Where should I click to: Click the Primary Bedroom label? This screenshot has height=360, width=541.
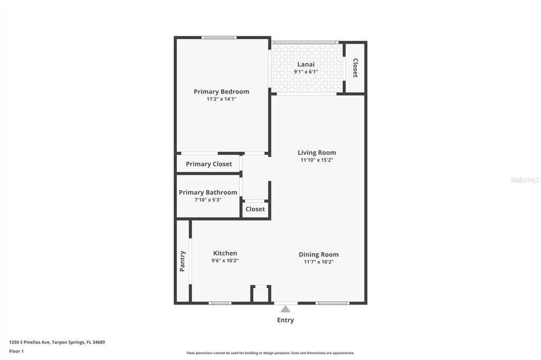tap(221, 92)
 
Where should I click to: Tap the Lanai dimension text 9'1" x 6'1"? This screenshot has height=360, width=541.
tap(306, 72)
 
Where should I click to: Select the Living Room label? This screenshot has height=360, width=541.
tap(317, 153)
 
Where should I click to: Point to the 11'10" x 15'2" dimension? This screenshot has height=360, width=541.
tap(317, 160)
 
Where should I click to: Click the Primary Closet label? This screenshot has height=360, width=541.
tap(209, 164)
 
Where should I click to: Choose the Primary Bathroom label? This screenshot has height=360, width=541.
tap(208, 193)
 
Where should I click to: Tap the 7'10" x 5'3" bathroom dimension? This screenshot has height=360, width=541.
tap(208, 200)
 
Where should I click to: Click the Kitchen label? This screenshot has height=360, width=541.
tap(225, 253)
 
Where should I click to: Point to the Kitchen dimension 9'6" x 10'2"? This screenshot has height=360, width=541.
tap(225, 261)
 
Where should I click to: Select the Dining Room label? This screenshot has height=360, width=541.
tap(319, 254)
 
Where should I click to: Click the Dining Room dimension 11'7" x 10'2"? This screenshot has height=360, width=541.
tap(319, 262)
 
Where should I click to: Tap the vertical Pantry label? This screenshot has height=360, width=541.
tap(182, 261)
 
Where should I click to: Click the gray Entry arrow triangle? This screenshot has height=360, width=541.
tap(285, 309)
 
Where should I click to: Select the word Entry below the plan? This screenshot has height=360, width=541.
tap(285, 320)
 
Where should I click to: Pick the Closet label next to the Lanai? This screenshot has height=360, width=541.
tap(355, 68)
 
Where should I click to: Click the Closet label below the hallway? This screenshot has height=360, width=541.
tap(255, 209)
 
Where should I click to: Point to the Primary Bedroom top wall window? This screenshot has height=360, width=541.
tap(219, 37)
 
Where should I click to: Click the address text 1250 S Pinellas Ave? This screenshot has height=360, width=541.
tap(30, 343)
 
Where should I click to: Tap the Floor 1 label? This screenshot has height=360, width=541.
tap(16, 352)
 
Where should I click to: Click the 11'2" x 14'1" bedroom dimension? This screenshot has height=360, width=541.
tap(221, 99)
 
